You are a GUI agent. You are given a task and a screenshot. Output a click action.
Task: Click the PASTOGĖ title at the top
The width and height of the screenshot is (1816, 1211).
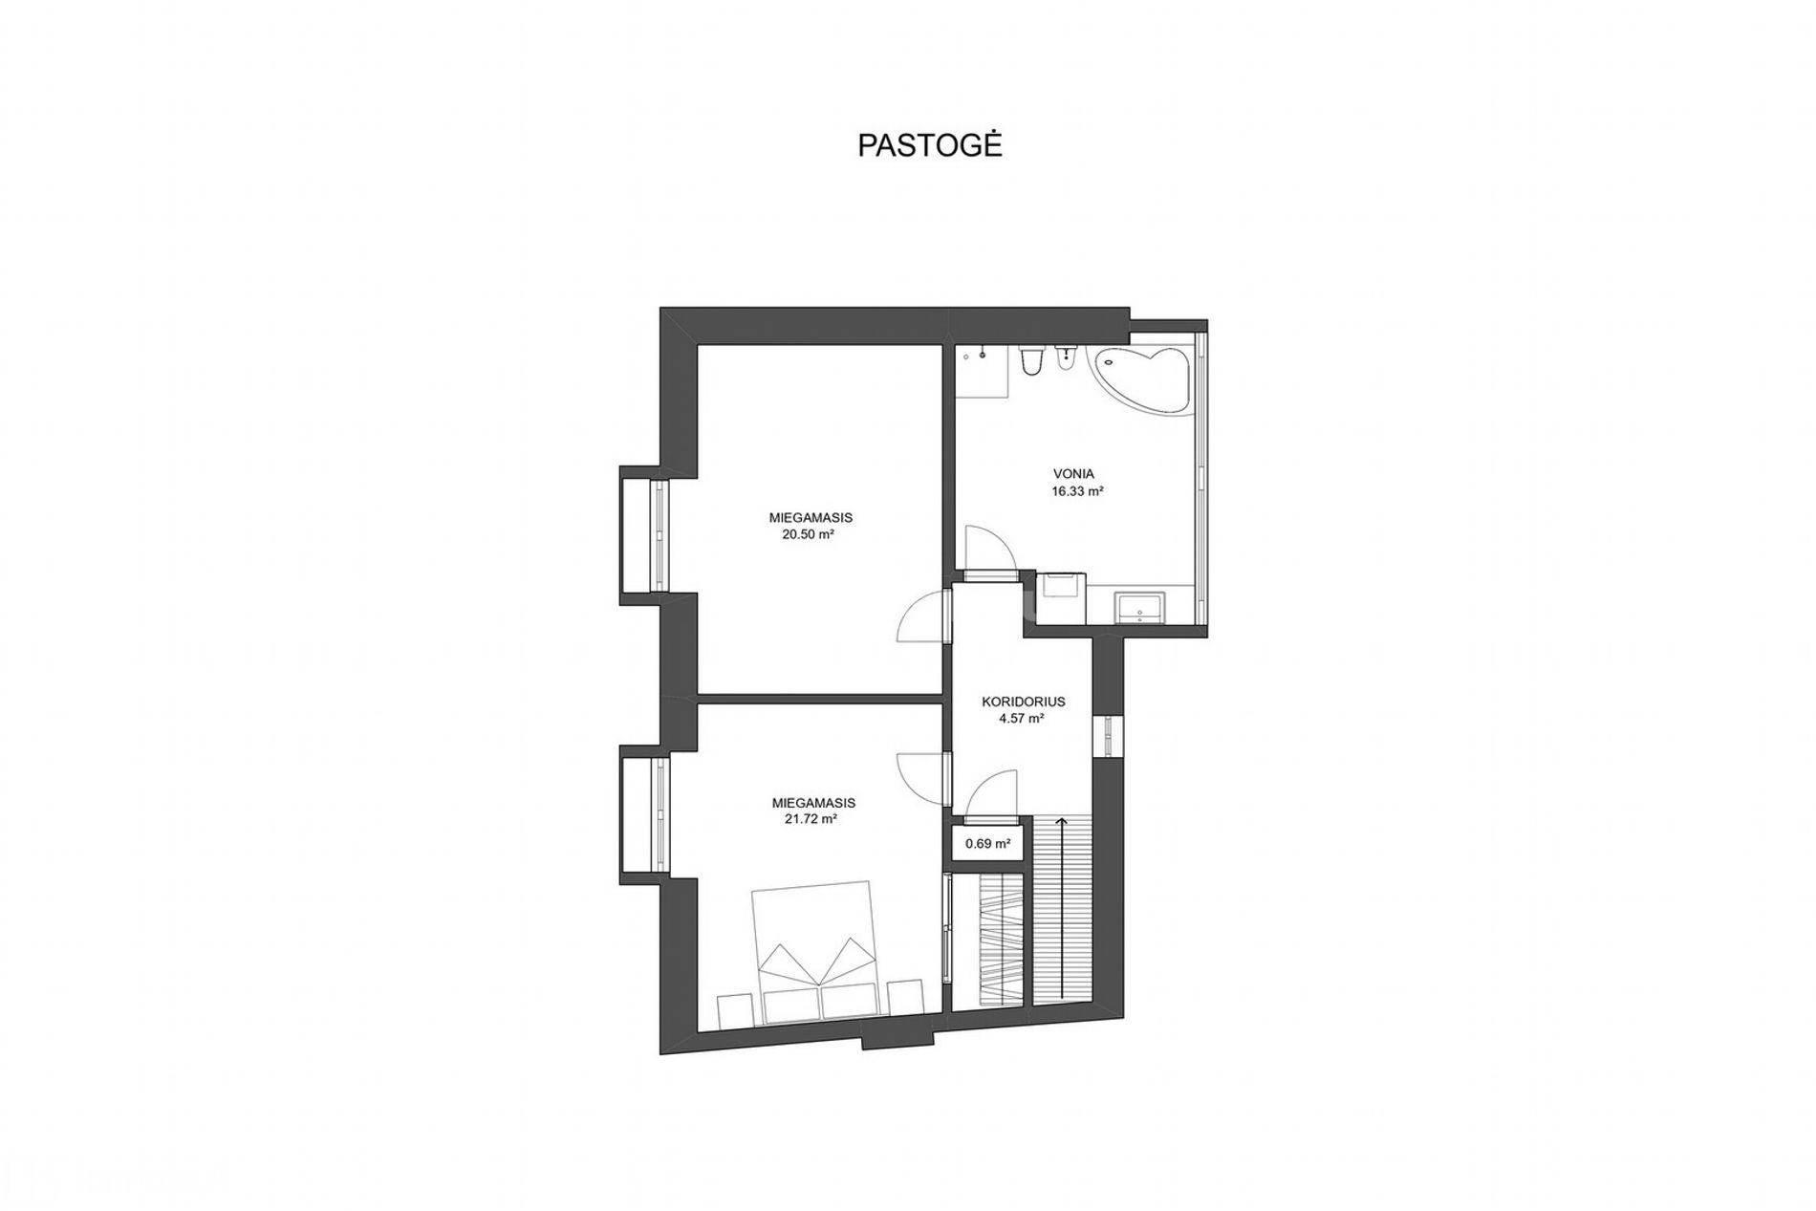(x=929, y=144)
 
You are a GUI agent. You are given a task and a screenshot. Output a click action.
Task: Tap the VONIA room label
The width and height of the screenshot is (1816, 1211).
(x=1073, y=474)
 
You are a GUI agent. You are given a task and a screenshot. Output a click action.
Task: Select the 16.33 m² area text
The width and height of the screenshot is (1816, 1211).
(x=1077, y=492)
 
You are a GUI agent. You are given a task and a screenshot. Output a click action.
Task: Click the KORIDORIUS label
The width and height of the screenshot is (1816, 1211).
(x=1024, y=702)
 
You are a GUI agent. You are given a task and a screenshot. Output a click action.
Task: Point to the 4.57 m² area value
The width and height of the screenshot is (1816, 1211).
(x=1021, y=719)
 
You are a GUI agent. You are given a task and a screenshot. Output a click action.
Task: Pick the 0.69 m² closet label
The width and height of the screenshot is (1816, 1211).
(x=988, y=844)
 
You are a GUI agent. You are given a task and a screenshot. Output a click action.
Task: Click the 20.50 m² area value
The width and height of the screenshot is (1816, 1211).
(x=809, y=535)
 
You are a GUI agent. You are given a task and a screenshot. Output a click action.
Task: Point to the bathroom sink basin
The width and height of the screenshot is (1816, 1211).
(x=1139, y=608)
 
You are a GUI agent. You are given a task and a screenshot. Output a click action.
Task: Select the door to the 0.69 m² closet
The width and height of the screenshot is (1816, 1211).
(x=990, y=795)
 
